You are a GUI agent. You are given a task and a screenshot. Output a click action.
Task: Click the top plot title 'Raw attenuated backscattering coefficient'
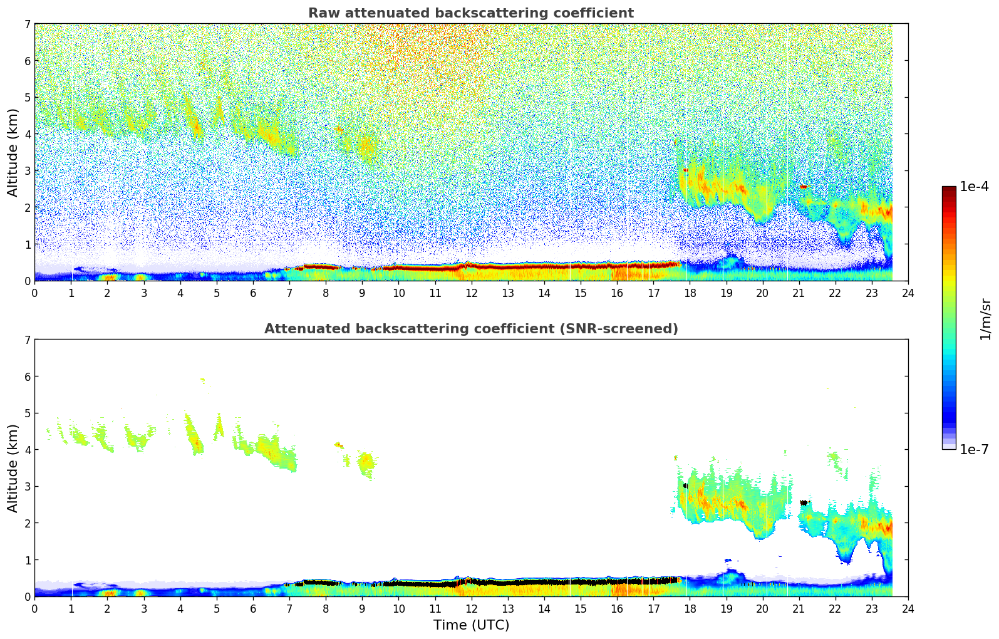(471, 13)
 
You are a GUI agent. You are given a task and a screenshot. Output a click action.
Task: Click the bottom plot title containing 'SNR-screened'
(471, 329)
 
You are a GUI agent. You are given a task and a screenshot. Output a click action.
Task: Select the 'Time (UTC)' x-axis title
(471, 625)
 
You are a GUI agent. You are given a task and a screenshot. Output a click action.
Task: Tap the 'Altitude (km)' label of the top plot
(13, 152)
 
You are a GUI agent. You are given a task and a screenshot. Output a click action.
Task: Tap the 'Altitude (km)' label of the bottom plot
(13, 468)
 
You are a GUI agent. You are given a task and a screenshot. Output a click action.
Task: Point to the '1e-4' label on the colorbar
(974, 187)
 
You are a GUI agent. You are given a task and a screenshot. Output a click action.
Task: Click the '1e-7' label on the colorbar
(974, 450)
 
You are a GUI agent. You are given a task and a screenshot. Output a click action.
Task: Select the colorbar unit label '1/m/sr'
(985, 319)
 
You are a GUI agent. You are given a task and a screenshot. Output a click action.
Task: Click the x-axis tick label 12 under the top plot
(471, 293)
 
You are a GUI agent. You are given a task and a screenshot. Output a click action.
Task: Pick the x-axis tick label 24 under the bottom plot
(908, 608)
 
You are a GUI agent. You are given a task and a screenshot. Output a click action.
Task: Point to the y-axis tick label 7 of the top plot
(27, 24)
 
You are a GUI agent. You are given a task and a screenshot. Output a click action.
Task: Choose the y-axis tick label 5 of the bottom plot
(27, 413)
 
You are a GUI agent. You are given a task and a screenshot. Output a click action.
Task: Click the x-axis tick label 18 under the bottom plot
(690, 608)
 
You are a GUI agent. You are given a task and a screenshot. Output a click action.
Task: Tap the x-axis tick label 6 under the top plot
(253, 293)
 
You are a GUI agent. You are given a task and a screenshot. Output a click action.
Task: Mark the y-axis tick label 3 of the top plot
(27, 171)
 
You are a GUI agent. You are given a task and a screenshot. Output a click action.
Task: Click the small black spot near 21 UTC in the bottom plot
(804, 502)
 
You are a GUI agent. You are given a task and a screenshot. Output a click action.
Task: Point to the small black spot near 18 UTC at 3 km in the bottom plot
(685, 486)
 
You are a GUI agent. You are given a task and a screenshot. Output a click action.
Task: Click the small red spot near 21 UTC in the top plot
(804, 187)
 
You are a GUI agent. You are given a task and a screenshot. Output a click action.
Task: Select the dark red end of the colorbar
(949, 189)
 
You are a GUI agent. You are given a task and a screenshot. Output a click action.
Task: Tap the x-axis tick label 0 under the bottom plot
(34, 608)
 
